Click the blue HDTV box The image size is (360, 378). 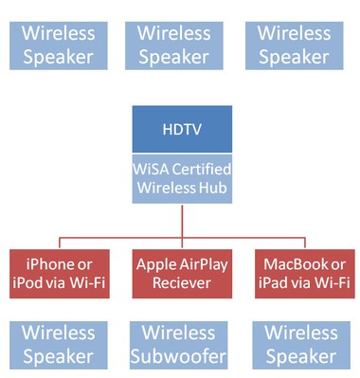(x=181, y=129)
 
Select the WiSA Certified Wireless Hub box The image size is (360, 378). (x=181, y=178)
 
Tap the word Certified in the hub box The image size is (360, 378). (x=200, y=169)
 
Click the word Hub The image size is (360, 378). (x=212, y=188)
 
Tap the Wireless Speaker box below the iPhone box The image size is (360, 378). (x=59, y=345)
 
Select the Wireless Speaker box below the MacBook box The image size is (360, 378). (x=300, y=345)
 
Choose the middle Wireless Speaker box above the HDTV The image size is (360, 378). (x=174, y=45)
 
